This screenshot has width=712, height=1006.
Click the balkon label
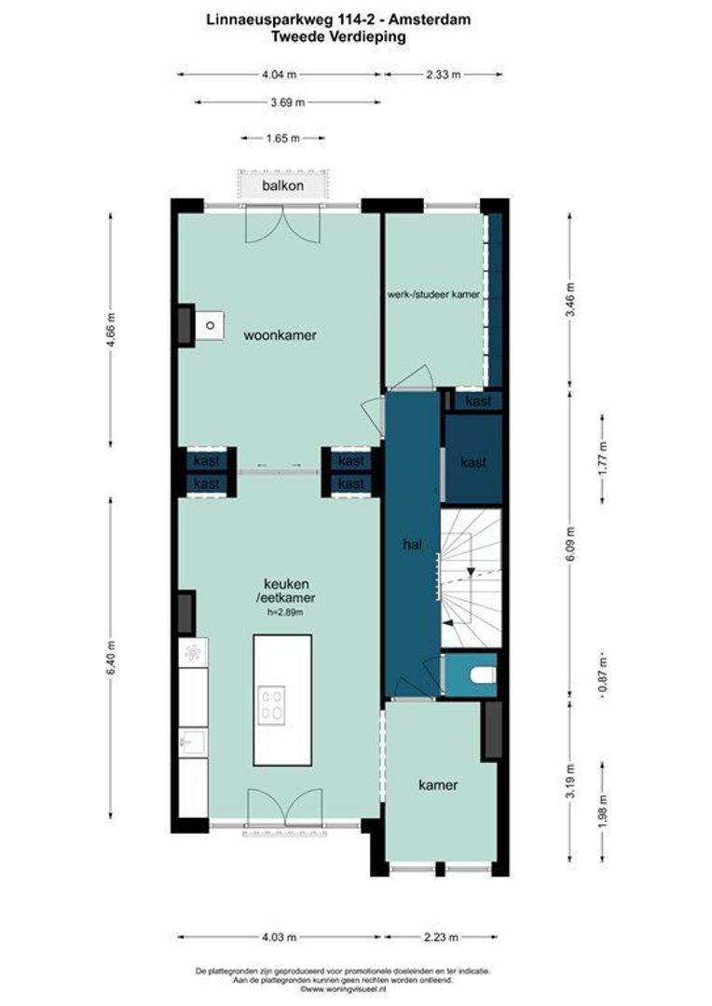pos(282,186)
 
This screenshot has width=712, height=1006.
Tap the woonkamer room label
pos(280,335)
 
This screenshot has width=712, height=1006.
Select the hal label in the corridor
pos(412,545)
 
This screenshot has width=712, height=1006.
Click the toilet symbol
pos(483,675)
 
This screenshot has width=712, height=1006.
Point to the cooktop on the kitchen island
pos(271,706)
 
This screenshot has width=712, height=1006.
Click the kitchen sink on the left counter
pos(193,742)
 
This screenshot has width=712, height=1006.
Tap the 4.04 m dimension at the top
pos(280,75)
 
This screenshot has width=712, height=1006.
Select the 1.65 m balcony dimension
pos(283,138)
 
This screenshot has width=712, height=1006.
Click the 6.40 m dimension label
pos(112,658)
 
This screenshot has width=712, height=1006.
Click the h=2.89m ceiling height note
pos(286,612)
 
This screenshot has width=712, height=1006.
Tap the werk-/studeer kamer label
pos(433,294)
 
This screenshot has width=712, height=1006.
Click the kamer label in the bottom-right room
pos(438,785)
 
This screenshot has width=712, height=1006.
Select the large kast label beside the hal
pos(473,462)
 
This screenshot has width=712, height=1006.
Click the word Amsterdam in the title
pos(431,20)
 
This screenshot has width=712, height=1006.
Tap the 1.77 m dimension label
pos(602,458)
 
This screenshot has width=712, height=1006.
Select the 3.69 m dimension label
pos(288,102)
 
